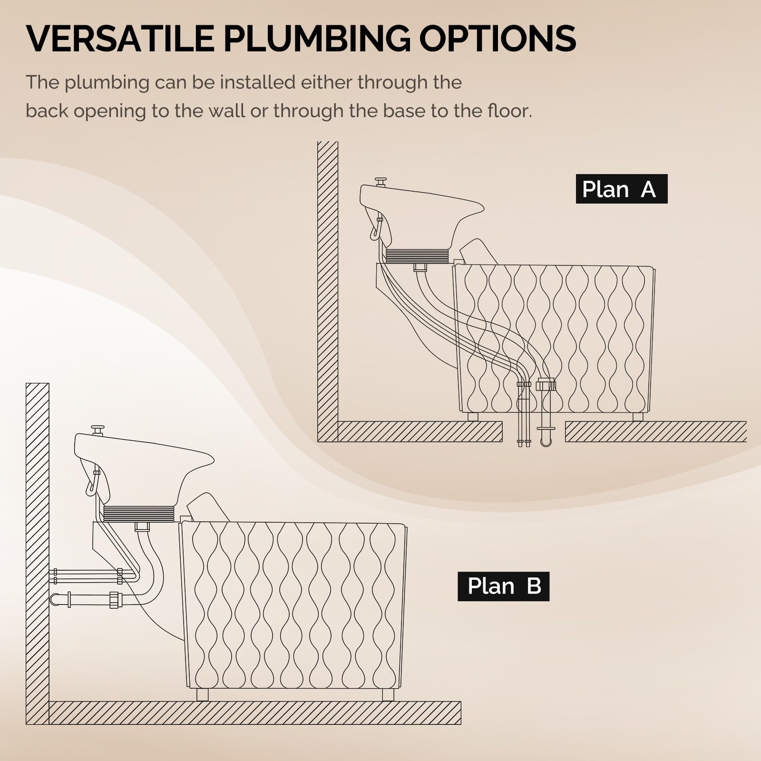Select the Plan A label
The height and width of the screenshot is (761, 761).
coord(622,189)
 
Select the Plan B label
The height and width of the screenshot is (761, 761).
coord(503,586)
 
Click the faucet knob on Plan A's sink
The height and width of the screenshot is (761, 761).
coord(381,181)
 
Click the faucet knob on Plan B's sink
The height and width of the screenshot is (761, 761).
coord(98,429)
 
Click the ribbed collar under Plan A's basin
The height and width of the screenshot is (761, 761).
coord(417,256)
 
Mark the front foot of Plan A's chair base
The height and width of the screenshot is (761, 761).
coord(638,417)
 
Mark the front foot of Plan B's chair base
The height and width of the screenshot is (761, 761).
coord(388,695)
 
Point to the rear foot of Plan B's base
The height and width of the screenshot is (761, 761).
coord(202,695)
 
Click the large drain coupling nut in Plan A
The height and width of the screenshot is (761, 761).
coord(546,384)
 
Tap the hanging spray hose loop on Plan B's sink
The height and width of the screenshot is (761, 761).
coord(92,483)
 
